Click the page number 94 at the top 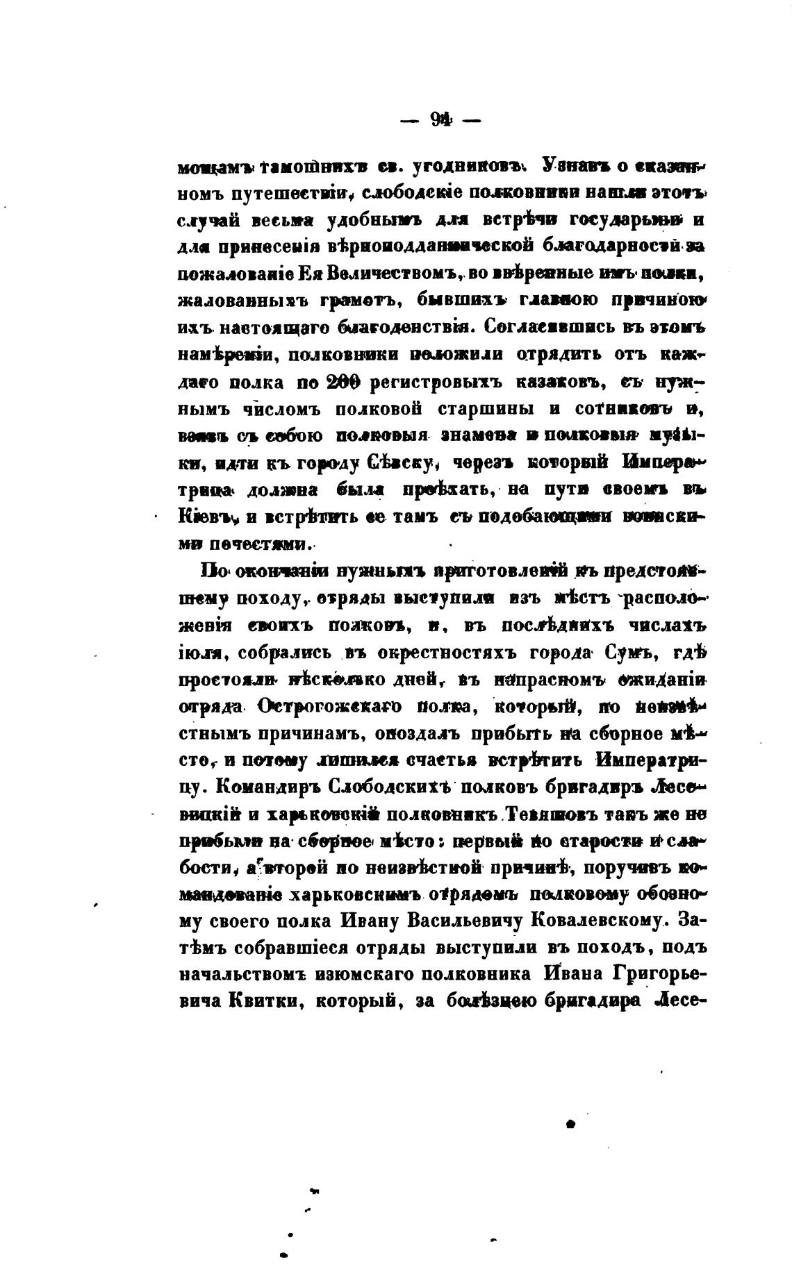click(x=440, y=121)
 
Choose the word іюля click(x=200, y=653)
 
